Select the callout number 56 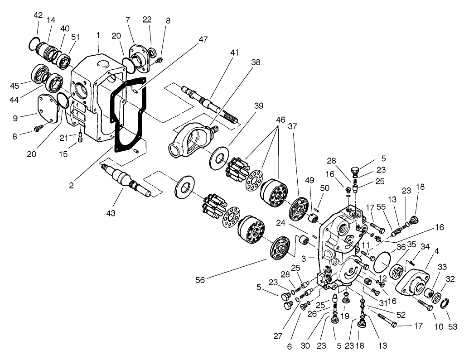point(200,280)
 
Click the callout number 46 point(280,120)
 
